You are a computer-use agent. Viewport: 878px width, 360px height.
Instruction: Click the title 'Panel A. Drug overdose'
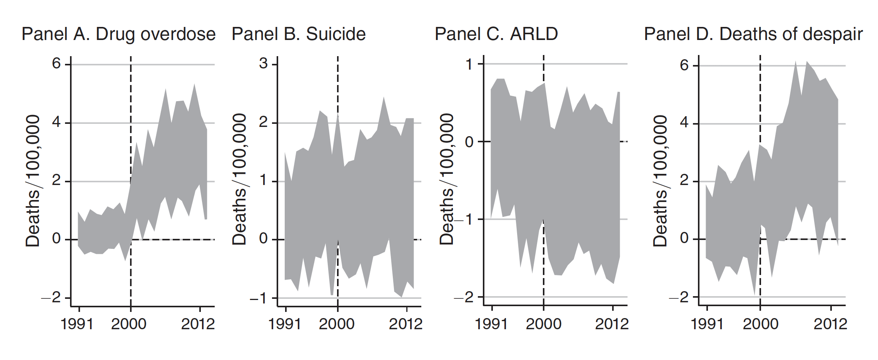point(119,34)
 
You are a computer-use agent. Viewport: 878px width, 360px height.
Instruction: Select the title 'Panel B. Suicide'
point(299,34)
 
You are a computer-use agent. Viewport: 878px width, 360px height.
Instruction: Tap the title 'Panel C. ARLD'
point(496,34)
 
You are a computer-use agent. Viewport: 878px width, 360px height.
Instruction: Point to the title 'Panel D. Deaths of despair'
point(753,34)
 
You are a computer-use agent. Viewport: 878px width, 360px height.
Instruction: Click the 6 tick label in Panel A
point(57,63)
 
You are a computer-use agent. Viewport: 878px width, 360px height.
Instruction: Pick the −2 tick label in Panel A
point(52,297)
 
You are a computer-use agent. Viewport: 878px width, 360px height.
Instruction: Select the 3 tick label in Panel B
point(264,63)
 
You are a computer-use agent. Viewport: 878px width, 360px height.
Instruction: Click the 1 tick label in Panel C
point(469,64)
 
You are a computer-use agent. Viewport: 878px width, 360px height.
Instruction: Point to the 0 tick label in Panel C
point(469,142)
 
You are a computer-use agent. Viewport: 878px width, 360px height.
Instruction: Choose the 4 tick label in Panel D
point(684,123)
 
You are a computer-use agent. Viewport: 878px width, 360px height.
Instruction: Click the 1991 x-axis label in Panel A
point(77,324)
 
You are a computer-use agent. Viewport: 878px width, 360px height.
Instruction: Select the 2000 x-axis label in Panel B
point(337,324)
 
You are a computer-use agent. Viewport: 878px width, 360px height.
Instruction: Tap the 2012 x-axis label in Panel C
point(612,324)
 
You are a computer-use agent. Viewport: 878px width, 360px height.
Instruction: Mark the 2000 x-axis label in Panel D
point(760,324)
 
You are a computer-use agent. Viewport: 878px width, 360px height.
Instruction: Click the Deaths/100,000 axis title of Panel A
point(33,181)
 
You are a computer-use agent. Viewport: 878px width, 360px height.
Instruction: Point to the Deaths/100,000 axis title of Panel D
point(660,181)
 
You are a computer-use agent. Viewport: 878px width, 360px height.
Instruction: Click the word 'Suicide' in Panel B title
point(336,34)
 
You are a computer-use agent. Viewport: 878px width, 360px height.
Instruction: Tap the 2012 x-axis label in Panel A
point(198,324)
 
